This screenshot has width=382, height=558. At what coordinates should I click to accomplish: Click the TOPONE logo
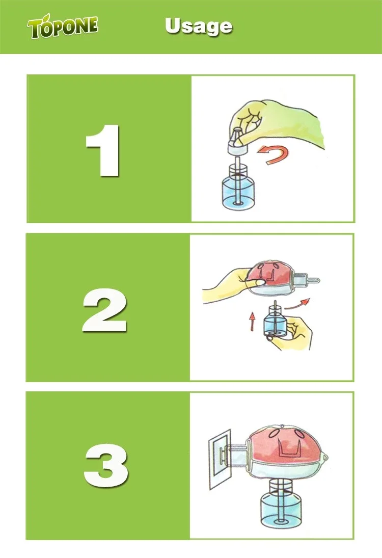coord(63,26)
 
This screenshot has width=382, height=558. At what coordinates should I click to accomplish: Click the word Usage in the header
coord(199,26)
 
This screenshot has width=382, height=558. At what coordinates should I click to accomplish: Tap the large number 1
coord(103,150)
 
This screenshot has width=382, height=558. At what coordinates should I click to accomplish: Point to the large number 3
coord(106,466)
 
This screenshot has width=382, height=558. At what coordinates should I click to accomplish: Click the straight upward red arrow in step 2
coord(252,322)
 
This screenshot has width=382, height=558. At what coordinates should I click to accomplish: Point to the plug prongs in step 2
coord(306,280)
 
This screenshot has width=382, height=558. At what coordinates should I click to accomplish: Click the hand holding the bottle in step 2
coord(292,334)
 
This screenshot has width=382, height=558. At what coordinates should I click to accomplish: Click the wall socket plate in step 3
coord(220,459)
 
